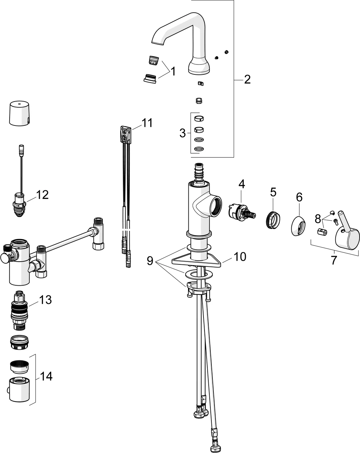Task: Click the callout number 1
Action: pyautogui.click(x=173, y=71)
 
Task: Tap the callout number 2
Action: pyautogui.click(x=247, y=80)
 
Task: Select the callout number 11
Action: pyautogui.click(x=147, y=122)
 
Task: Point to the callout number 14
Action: pyautogui.click(x=46, y=376)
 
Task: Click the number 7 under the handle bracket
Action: pyautogui.click(x=334, y=260)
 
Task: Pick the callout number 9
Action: pyautogui.click(x=150, y=261)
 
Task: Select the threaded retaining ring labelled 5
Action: pyautogui.click(x=272, y=220)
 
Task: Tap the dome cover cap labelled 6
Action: pyautogui.click(x=299, y=226)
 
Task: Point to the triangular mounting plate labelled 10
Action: pyautogui.click(x=196, y=261)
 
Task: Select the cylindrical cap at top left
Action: pyautogui.click(x=19, y=114)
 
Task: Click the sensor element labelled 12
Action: pyautogui.click(x=19, y=204)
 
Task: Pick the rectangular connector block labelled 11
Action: pyautogui.click(x=126, y=134)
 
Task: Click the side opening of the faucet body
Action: pyautogui.click(x=216, y=206)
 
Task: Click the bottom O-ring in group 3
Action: pyautogui.click(x=199, y=149)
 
